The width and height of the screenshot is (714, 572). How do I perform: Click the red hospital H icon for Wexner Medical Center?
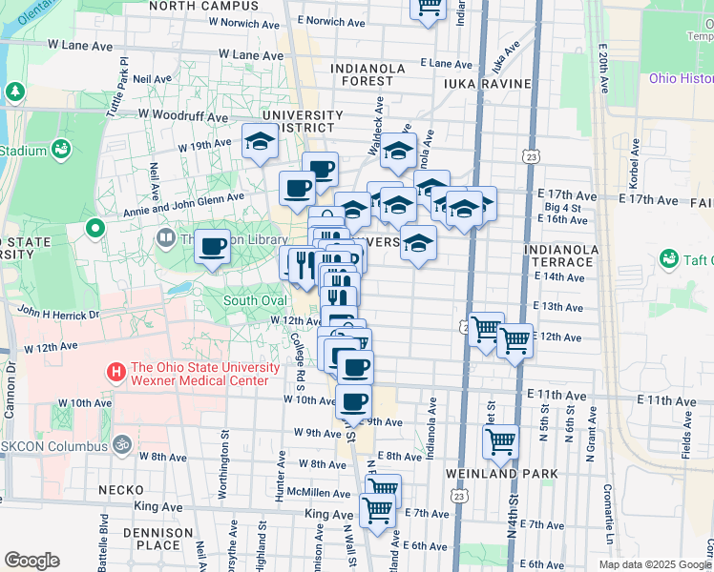click(117, 371)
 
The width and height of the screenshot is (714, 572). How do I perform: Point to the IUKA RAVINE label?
click(487, 84)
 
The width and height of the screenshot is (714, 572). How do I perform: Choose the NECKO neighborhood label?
click(122, 490)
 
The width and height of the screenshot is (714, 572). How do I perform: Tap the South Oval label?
click(255, 301)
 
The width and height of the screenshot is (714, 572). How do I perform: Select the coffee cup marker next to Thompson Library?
click(211, 247)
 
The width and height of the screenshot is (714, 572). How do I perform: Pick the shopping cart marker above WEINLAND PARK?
click(500, 441)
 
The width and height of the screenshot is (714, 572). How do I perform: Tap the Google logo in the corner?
click(31, 561)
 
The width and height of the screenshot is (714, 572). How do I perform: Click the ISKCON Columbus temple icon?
click(121, 445)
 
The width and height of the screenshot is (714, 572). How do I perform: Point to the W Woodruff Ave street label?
click(182, 116)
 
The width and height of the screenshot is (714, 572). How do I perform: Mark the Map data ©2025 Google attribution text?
click(655, 564)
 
